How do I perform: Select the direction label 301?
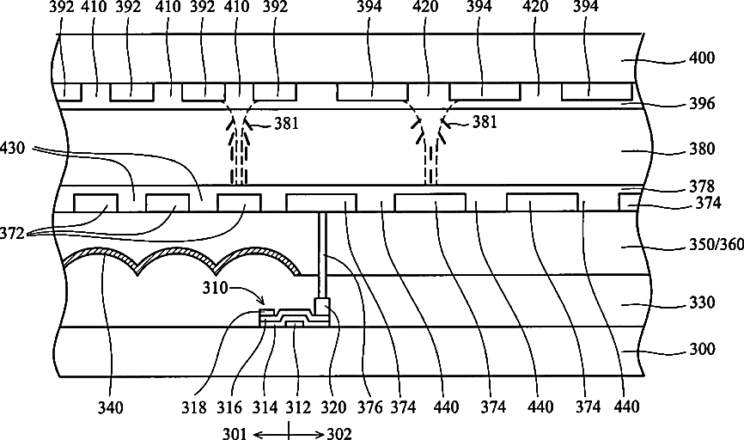[246, 432]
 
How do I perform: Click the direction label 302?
[335, 432]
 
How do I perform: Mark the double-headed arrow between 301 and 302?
[290, 432]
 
